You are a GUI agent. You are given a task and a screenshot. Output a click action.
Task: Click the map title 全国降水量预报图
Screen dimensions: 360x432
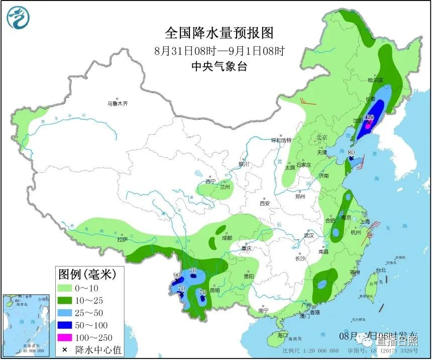click(x=220, y=33)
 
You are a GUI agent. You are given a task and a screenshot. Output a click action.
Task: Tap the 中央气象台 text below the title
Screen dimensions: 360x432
click(x=220, y=66)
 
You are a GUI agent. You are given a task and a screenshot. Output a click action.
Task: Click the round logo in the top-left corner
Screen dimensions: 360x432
click(x=18, y=18)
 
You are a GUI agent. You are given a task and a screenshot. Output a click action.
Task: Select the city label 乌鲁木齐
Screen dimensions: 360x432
click(x=117, y=104)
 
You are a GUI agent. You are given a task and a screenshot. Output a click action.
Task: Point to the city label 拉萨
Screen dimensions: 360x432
click(x=123, y=240)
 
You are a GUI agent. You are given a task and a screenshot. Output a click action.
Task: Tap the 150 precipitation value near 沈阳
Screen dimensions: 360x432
click(x=369, y=117)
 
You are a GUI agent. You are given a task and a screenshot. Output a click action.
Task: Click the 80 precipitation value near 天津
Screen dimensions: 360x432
click(x=351, y=152)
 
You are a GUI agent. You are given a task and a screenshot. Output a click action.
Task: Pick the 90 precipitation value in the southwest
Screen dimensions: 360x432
click(x=176, y=275)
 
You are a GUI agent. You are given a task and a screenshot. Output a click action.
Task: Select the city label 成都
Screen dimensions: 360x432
click(x=227, y=238)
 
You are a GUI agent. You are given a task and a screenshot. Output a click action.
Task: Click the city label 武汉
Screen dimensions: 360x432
click(x=308, y=235)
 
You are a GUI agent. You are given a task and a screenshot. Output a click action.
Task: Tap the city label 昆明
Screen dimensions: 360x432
click(x=214, y=291)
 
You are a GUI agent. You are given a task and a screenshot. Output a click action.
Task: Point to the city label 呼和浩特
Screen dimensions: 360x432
click(x=281, y=140)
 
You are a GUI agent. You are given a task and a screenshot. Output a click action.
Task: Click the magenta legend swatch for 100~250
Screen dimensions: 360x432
click(x=65, y=337)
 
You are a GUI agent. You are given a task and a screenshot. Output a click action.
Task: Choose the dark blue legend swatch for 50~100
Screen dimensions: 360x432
click(x=65, y=325)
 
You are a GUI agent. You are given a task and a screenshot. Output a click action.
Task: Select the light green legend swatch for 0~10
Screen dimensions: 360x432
click(x=65, y=288)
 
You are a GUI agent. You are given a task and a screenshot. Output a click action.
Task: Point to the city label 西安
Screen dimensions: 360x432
click(x=265, y=204)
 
